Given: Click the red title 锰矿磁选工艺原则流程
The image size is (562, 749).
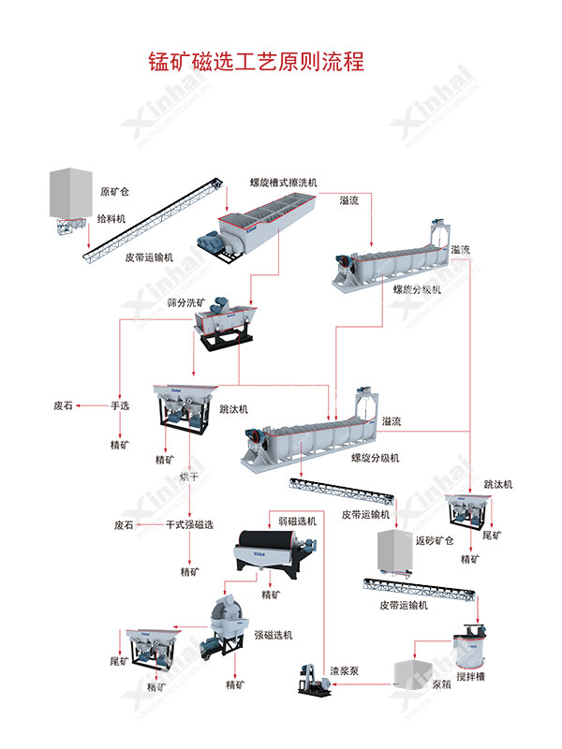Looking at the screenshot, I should pos(255,63).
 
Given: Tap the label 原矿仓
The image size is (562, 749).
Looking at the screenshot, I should pos(114,192).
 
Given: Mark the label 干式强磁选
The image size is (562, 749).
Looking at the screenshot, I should pos(189,525).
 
